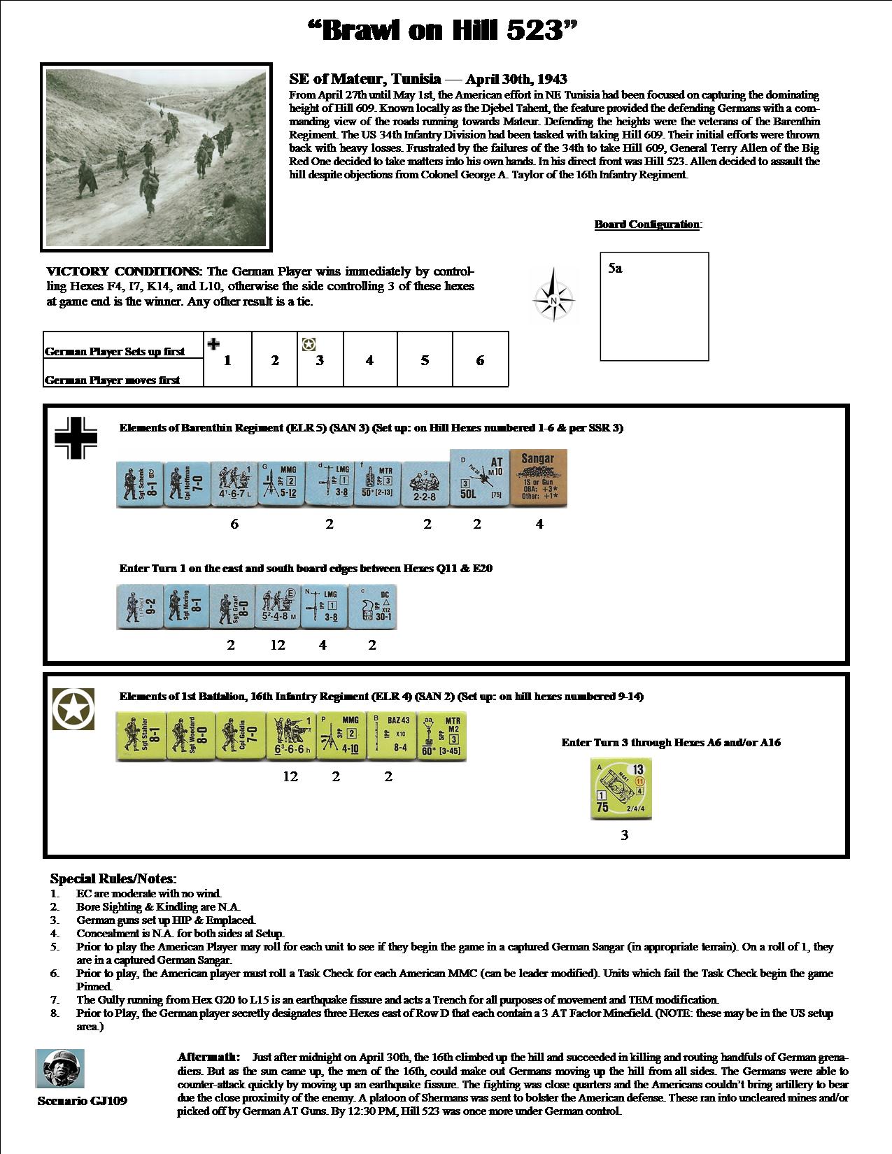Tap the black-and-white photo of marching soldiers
[156, 157]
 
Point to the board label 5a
[615, 269]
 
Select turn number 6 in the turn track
[480, 360]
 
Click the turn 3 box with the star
[320, 359]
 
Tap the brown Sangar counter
[539, 478]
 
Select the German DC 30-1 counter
[372, 606]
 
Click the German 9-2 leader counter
[140, 606]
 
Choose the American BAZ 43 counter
[390, 736]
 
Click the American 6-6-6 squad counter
[292, 736]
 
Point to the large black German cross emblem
[76, 438]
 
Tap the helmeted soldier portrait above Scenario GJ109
[59, 1069]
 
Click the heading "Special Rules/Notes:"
[113, 878]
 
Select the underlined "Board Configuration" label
[647, 225]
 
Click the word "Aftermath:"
[208, 1057]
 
